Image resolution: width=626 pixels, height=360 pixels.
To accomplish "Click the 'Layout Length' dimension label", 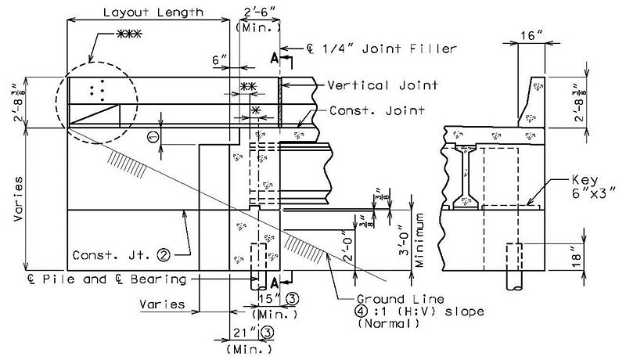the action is (153, 13).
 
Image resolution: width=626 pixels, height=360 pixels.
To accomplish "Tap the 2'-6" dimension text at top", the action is (261, 12).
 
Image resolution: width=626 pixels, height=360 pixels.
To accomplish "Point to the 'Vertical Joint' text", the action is (383, 85).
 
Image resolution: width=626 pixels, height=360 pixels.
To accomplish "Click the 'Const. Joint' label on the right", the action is (377, 110).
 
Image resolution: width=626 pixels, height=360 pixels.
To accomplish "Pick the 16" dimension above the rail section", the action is (531, 36).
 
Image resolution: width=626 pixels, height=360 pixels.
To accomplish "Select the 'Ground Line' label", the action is (401, 299).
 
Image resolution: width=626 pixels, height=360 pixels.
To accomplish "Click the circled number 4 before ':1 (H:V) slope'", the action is (362, 311).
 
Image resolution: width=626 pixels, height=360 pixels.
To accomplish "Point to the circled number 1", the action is (153, 137).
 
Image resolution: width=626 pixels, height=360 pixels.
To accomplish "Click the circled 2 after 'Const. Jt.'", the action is (164, 254).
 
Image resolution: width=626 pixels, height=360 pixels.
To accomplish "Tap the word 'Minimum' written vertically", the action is (419, 239).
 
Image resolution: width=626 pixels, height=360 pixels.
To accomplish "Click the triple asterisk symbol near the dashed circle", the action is (128, 34).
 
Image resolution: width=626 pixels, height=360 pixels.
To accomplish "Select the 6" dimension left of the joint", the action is (219, 60).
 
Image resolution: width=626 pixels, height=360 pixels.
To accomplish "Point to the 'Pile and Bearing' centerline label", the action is (107, 279).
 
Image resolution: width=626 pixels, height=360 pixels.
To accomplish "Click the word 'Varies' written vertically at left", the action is (18, 199).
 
